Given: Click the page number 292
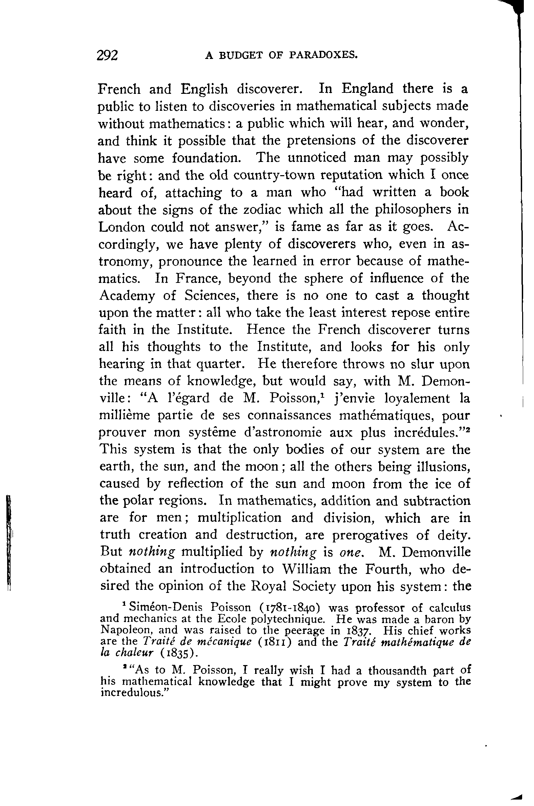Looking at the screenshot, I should (x=108, y=55).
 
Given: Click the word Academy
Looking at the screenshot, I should (x=127, y=295).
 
